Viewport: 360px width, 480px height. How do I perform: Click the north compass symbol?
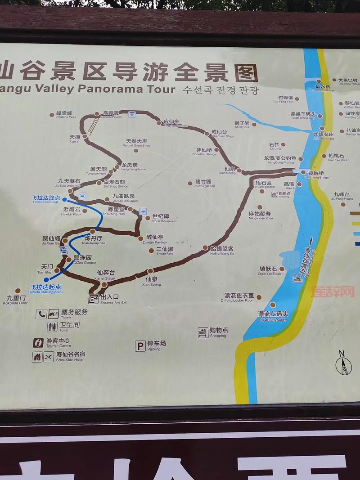click(343, 364)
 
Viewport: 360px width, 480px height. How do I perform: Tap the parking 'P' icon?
click(140, 345)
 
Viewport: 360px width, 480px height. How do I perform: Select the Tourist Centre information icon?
click(38, 343)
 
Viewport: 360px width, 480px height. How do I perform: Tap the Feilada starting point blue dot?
click(46, 279)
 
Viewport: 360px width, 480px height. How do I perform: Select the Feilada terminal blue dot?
click(64, 199)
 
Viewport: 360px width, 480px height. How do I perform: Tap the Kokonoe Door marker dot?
click(18, 291)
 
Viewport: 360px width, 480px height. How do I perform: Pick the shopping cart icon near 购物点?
click(203, 332)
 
